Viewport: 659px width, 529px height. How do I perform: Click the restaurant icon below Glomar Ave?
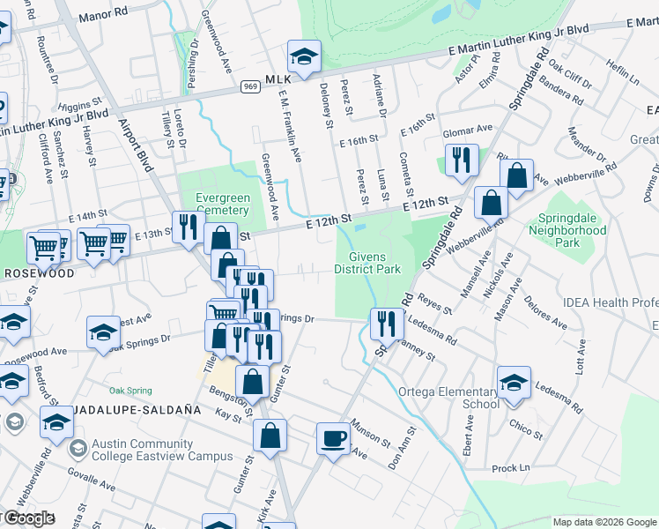462,161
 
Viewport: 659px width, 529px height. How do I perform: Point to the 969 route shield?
250,86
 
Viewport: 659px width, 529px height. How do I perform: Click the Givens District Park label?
368,263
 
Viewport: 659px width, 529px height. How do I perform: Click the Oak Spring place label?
130,391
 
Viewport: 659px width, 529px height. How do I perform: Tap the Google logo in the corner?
28,518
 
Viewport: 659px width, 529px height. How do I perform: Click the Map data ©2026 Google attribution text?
604,522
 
